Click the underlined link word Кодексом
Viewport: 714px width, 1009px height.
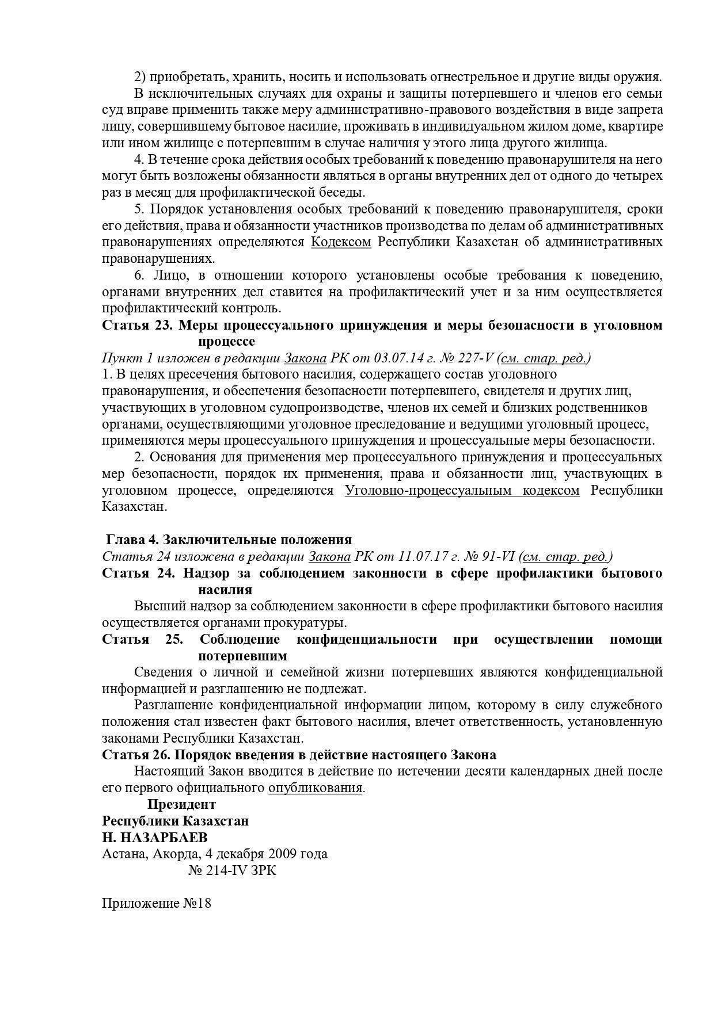[x=341, y=242]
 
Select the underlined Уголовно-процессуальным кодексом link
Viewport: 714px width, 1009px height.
[x=462, y=491]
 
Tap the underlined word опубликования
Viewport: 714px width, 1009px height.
[x=316, y=788]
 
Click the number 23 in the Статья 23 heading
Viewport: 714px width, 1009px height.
[x=161, y=325]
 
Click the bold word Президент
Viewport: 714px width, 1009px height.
[x=181, y=804]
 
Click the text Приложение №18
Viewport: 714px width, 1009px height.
[x=157, y=903]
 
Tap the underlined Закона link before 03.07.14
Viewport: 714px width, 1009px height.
[x=305, y=358]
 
